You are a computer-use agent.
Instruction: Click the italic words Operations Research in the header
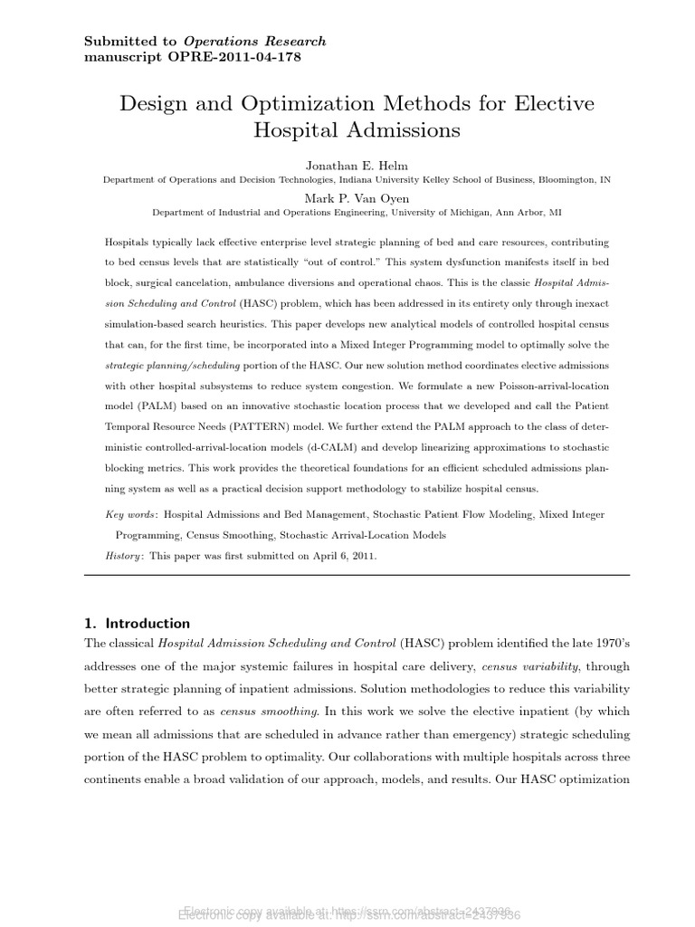tap(254, 42)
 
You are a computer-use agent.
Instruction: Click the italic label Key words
tap(131, 514)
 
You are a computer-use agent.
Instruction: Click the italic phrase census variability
tap(493, 665)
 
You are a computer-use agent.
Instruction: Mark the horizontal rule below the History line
tap(357, 575)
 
